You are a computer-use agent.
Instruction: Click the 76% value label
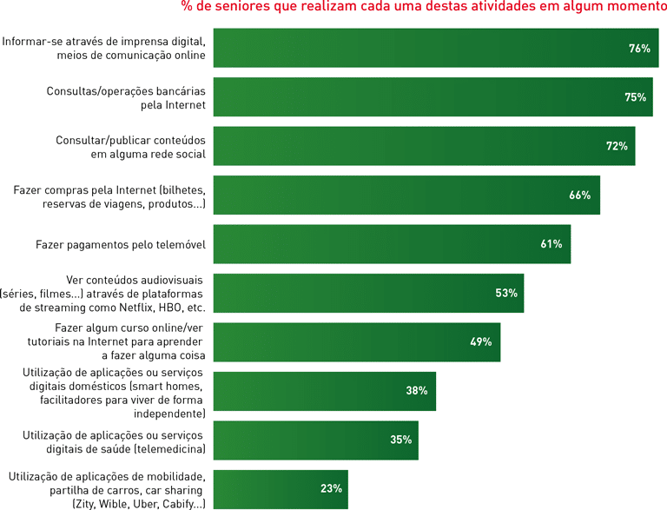pyautogui.click(x=639, y=49)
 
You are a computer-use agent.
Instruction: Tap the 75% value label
pyautogui.click(x=635, y=97)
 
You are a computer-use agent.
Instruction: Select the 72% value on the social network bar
pyautogui.click(x=617, y=146)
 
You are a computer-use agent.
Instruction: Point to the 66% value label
pyautogui.click(x=579, y=195)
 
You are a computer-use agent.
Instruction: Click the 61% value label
pyautogui.click(x=551, y=244)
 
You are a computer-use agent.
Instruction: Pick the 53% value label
pyautogui.click(x=506, y=294)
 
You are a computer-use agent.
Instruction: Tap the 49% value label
pyautogui.click(x=480, y=342)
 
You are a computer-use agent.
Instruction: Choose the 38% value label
pyautogui.click(x=416, y=391)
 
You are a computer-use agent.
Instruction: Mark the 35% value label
pyautogui.click(x=400, y=440)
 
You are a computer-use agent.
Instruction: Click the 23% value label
pyautogui.click(x=331, y=488)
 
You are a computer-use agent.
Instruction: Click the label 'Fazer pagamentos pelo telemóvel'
pyautogui.click(x=120, y=245)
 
